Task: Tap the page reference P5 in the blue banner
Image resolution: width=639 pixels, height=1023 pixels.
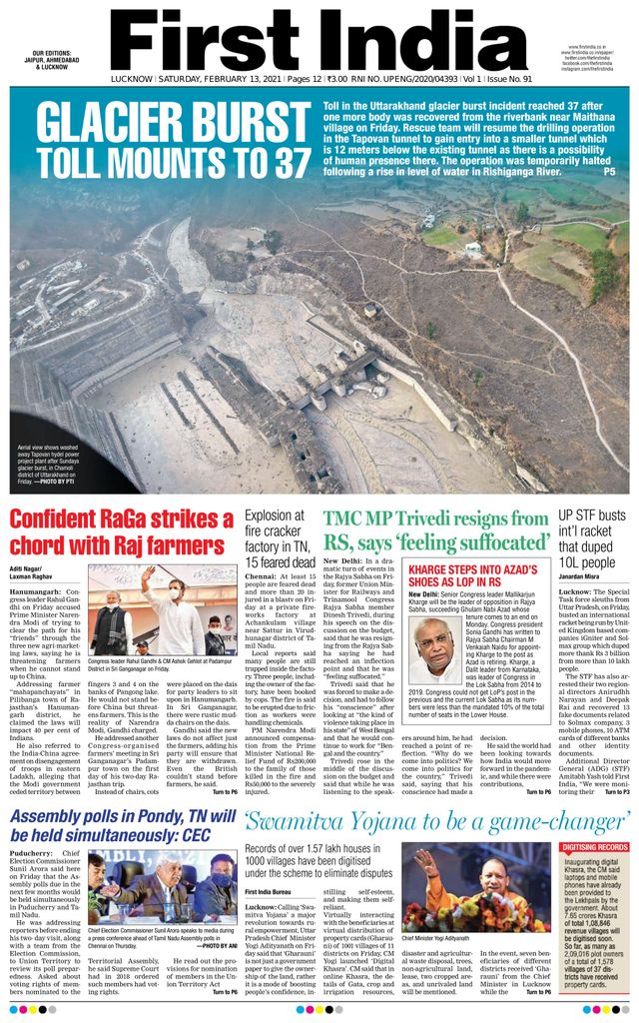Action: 609,172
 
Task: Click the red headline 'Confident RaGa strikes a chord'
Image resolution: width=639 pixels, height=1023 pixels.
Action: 122,532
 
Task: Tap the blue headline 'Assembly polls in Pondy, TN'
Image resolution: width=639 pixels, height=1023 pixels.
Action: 122,828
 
